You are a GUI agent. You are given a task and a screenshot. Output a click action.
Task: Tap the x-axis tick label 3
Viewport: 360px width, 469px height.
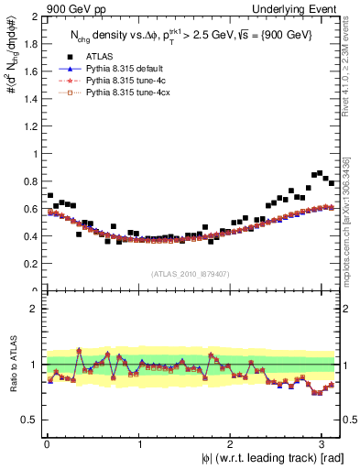(x=323, y=443)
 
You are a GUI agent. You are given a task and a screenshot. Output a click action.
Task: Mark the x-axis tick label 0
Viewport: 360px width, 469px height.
(x=46, y=443)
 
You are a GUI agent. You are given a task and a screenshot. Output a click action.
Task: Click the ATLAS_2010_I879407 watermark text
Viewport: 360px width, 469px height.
(x=191, y=273)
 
